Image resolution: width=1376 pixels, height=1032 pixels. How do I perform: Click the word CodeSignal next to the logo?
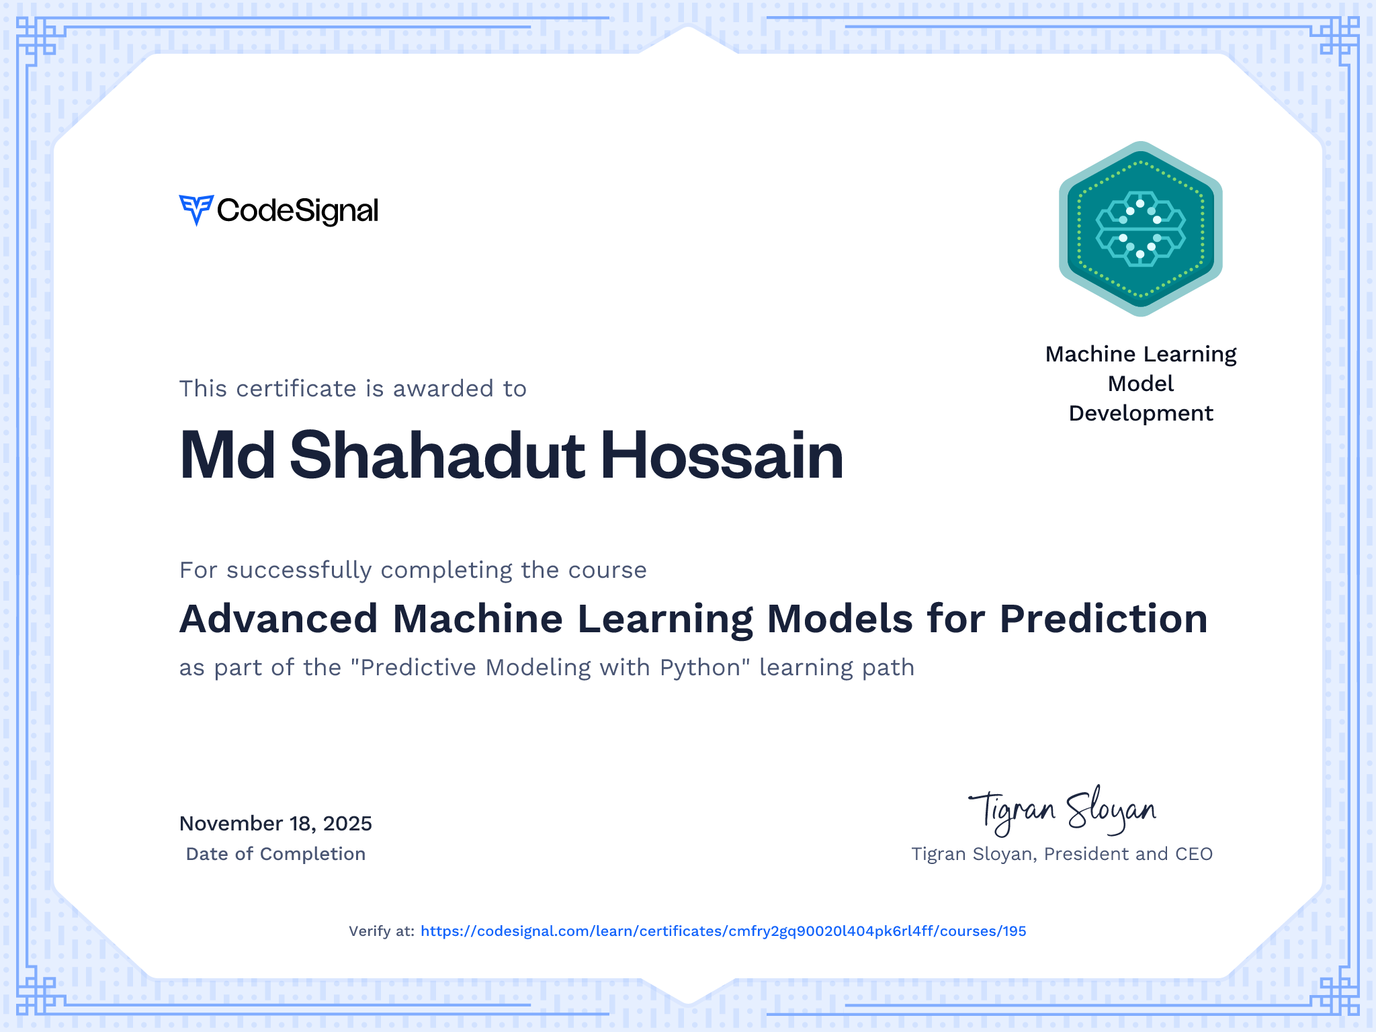(298, 211)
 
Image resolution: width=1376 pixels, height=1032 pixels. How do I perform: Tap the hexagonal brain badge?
(1141, 228)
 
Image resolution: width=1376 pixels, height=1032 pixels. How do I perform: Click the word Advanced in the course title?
(279, 618)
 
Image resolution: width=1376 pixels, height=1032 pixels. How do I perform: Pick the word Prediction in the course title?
(1104, 618)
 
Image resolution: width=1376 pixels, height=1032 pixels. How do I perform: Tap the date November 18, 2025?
(275, 824)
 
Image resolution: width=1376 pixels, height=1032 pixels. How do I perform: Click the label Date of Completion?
(275, 854)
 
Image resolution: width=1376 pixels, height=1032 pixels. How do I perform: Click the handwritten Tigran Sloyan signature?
(1062, 811)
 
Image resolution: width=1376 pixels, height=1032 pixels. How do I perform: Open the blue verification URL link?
(724, 931)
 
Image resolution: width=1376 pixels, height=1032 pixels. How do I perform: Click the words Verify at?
(382, 931)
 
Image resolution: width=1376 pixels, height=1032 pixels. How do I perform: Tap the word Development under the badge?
(1141, 413)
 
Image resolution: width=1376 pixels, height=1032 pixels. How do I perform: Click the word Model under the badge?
(1141, 384)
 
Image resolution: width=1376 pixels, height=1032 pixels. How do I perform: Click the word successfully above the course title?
(300, 570)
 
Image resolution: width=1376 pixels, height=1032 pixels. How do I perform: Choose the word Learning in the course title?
(665, 619)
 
